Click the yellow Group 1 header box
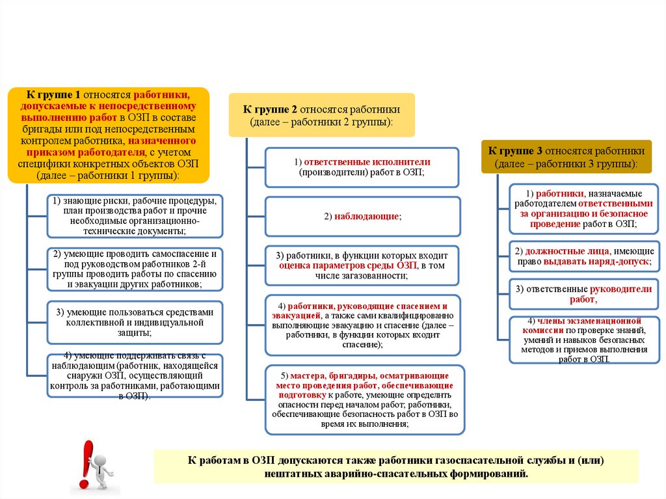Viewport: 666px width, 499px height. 109,135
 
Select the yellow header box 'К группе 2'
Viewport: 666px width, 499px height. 321,115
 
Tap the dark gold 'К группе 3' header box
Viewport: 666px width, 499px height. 566,156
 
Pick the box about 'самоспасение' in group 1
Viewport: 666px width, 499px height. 135,268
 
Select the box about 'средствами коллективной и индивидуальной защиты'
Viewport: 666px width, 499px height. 135,321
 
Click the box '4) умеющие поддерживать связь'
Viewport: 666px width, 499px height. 135,375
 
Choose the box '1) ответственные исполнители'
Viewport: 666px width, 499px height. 362,167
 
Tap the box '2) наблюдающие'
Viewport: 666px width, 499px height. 362,216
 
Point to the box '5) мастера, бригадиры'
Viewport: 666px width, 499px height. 365,400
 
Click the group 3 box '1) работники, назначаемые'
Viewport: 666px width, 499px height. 581,209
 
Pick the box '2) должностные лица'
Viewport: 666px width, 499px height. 581,256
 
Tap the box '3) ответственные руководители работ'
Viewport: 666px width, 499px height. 581,293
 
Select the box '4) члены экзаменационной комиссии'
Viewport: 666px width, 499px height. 581,340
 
